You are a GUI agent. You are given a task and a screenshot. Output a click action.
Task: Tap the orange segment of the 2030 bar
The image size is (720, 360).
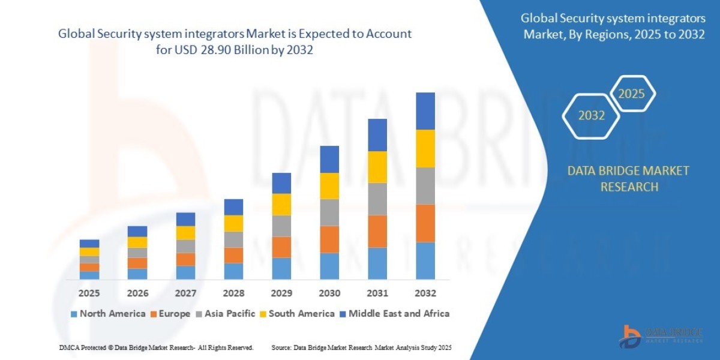[x=329, y=239]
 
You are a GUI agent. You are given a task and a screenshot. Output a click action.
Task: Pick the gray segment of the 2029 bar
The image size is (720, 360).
[x=281, y=226]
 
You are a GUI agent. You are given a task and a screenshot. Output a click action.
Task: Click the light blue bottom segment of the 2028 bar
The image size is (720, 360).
[x=233, y=271]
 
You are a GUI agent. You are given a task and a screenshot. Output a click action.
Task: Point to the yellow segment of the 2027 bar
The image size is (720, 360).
[x=185, y=233]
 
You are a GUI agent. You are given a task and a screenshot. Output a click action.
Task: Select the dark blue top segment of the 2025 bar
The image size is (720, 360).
[x=89, y=244]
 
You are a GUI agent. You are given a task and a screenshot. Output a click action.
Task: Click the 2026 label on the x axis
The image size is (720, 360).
[x=137, y=293]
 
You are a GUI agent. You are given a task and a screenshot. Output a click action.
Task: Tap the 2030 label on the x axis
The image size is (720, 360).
[x=329, y=293]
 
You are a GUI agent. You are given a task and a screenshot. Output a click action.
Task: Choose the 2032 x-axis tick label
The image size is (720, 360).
[x=425, y=293]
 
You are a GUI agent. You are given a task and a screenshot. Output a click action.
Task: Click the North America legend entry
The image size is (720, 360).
[x=108, y=313]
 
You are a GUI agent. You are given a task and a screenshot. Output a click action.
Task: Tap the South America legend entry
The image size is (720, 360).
[x=297, y=313]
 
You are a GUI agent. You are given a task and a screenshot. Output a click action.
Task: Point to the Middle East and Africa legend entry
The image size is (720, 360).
[x=394, y=313]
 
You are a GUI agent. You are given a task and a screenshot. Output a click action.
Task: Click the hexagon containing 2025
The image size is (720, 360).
[x=631, y=94]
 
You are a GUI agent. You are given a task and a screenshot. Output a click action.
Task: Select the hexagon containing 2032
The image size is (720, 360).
[x=592, y=115]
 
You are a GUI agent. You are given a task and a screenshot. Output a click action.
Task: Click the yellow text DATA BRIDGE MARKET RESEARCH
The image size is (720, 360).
[x=628, y=179]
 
